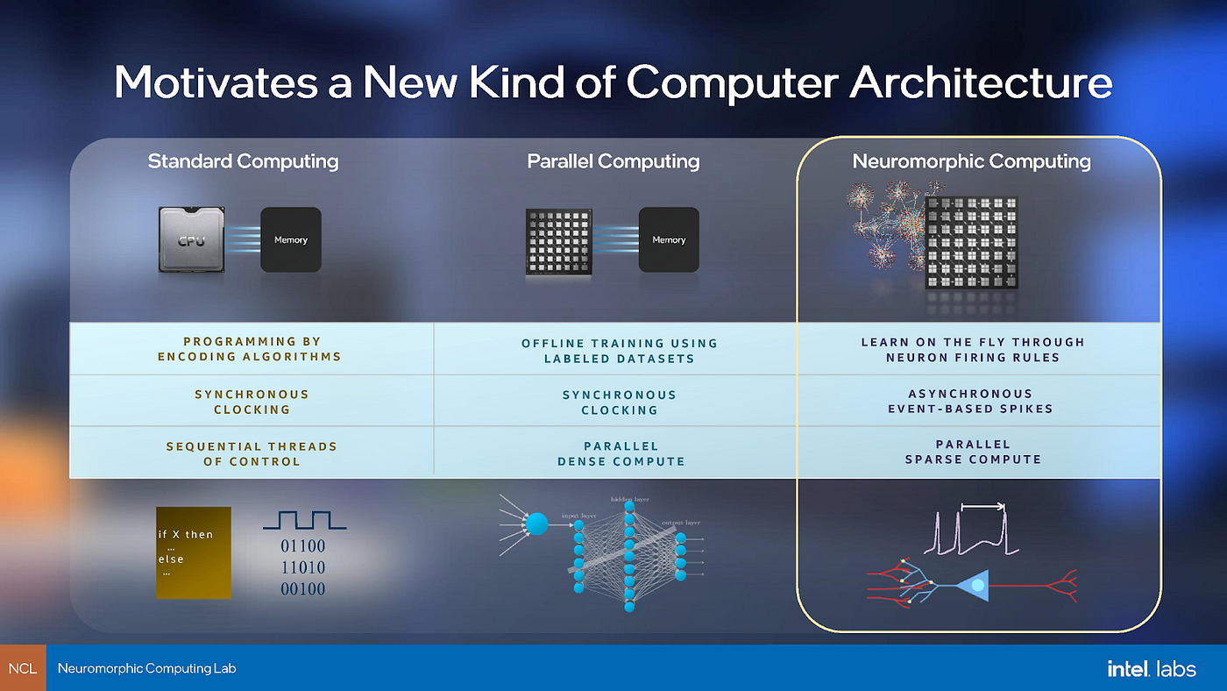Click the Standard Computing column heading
tap(243, 161)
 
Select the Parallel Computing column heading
tap(613, 161)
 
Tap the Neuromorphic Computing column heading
tap(971, 161)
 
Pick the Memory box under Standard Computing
tap(290, 239)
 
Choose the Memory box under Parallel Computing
tap(669, 239)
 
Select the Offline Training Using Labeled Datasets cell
tap(619, 350)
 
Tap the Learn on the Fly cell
tap(973, 349)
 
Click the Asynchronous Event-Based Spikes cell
tap(970, 401)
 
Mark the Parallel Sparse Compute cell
tap(973, 452)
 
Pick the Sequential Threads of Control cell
tap(252, 453)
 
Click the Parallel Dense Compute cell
tap(621, 453)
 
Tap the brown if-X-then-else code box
tap(194, 552)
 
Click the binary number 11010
tap(302, 567)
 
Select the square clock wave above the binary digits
tap(304, 521)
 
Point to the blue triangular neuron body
tap(972, 585)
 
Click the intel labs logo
tap(1151, 668)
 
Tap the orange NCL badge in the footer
tap(23, 668)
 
